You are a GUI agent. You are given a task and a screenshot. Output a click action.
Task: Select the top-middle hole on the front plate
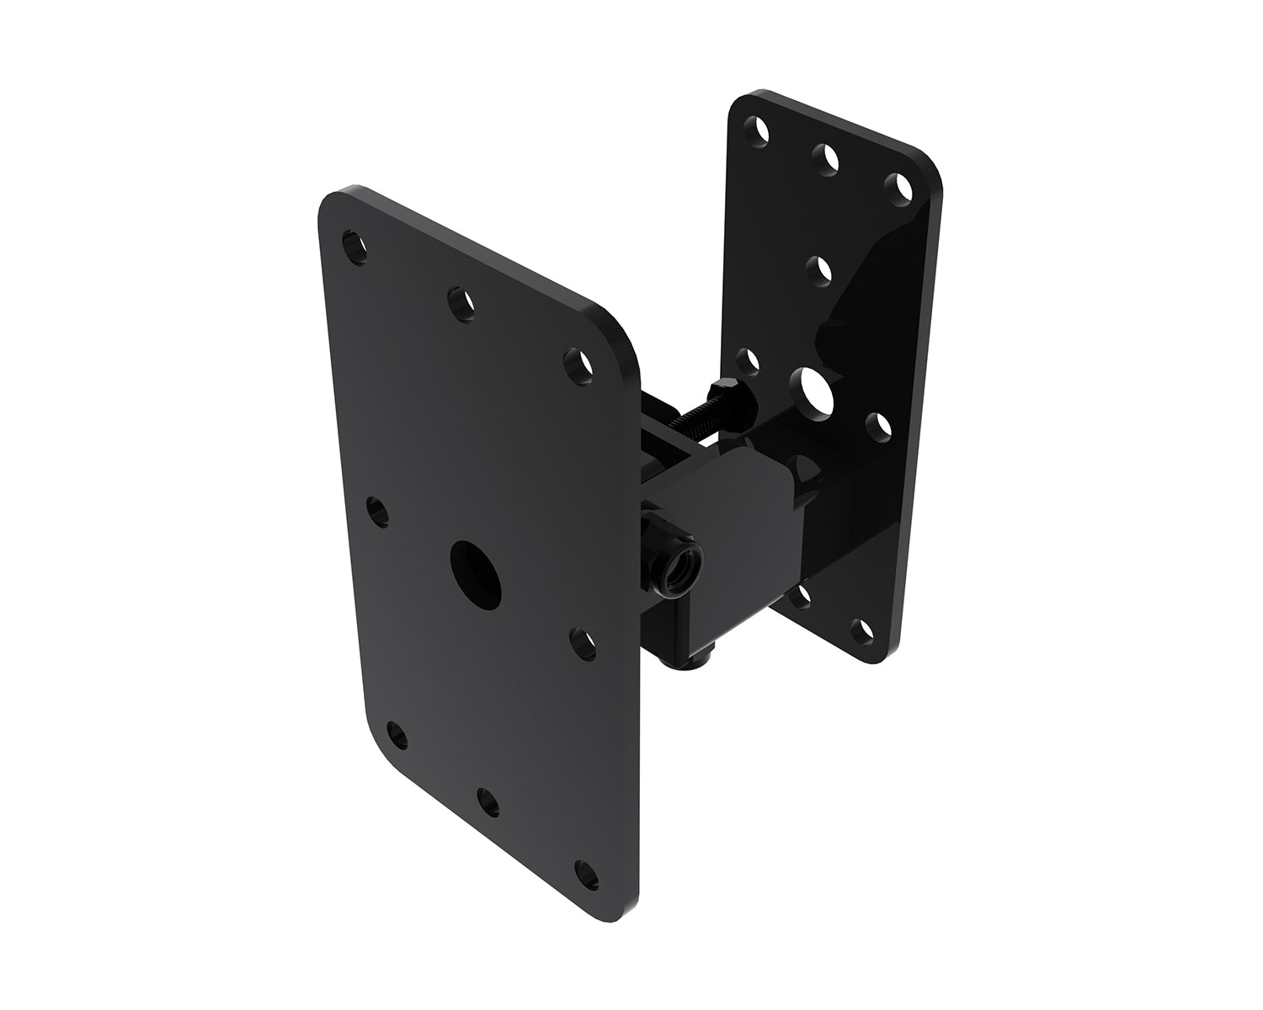(461, 303)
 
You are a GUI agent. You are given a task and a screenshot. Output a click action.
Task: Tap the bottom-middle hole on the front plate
(487, 800)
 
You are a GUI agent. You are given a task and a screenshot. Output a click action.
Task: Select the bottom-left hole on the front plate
(397, 736)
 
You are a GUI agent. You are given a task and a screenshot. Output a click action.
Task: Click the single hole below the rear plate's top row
(818, 271)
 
